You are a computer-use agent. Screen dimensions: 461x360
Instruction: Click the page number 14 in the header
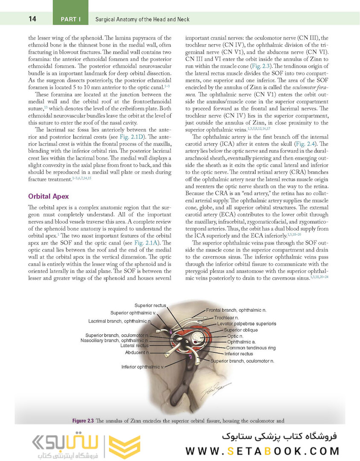pyautogui.click(x=32, y=19)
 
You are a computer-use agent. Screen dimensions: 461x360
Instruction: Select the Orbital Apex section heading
pyautogui.click(x=48, y=197)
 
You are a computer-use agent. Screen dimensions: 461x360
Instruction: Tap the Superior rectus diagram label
pyautogui.click(x=150, y=306)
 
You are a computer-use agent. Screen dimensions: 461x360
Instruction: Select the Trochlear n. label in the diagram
pyautogui.click(x=226, y=318)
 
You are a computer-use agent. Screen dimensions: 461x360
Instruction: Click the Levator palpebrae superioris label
pyautogui.click(x=247, y=324)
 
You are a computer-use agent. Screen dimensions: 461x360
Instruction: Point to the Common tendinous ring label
pyautogui.click(x=250, y=348)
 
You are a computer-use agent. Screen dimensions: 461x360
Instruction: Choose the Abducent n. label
pyautogui.click(x=137, y=353)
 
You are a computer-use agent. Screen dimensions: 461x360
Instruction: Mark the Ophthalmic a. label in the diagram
pyautogui.click(x=241, y=342)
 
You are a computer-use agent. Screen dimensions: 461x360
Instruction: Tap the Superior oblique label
pyautogui.click(x=241, y=330)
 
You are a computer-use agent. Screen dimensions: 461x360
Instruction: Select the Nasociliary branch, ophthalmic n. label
pyautogui.click(x=114, y=340)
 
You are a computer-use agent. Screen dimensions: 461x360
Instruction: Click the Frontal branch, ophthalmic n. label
pyautogui.click(x=236, y=309)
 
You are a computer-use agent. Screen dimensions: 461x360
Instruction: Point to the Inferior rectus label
pyautogui.click(x=238, y=354)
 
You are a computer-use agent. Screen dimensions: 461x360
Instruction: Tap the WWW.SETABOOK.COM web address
pyautogui.click(x=263, y=451)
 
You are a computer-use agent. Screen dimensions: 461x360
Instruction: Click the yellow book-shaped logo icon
pyautogui.click(x=124, y=447)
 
